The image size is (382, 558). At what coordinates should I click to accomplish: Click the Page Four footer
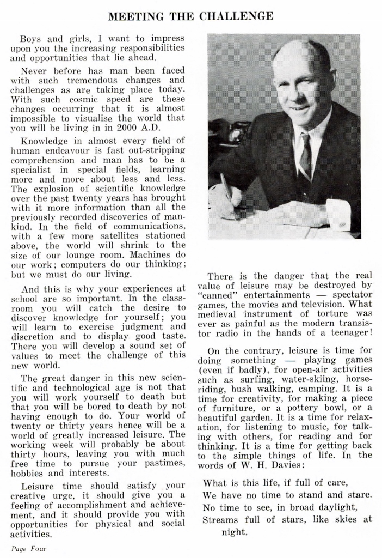click(x=29, y=549)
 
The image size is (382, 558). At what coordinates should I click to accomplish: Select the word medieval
click(x=218, y=314)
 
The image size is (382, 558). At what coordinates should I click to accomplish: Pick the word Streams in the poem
click(x=220, y=519)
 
